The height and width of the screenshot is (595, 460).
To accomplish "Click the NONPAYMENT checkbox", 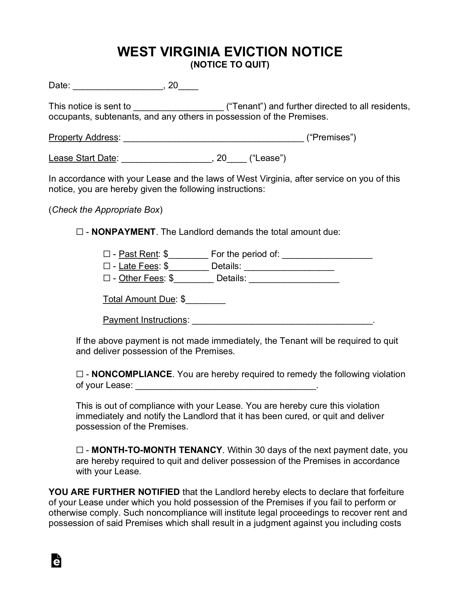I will coord(80,232).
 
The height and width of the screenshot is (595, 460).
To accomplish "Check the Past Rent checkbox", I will coord(107,254).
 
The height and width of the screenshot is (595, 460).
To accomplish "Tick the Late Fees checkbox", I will coord(107,266).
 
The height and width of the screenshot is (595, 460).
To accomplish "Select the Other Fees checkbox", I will coord(107,278).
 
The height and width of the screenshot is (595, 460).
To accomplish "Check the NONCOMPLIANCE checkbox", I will coord(80,374).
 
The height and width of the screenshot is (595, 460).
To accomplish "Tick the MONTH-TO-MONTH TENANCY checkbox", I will coord(80,450).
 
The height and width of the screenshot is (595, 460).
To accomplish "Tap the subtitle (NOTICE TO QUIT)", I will coord(230,65).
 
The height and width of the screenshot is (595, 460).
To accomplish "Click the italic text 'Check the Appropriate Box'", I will coord(106,210).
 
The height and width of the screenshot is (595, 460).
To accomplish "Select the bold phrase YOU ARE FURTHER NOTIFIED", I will coord(114,492).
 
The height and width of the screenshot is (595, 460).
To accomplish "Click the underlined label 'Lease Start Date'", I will coord(82,158).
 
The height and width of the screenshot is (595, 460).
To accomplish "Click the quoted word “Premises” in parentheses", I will coord(331,137).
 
